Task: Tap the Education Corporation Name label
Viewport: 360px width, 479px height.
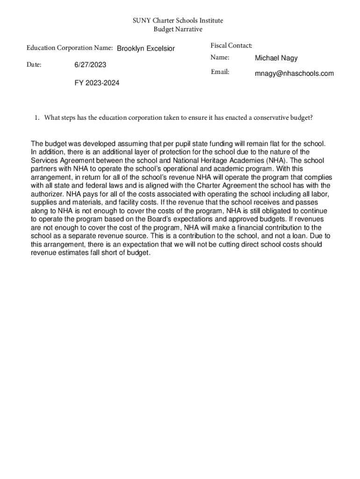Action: click(70, 48)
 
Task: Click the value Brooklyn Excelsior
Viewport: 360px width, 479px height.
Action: click(146, 49)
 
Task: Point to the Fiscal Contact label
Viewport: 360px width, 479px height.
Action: click(231, 45)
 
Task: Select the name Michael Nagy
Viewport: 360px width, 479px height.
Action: click(276, 58)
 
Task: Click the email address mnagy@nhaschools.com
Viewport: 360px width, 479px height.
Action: click(294, 73)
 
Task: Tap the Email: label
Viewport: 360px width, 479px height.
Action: click(220, 72)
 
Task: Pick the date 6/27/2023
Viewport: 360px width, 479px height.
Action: click(90, 65)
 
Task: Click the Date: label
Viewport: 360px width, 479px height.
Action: click(34, 65)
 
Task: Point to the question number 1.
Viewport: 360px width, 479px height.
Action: click(36, 118)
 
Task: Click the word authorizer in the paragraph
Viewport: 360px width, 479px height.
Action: click(48, 194)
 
